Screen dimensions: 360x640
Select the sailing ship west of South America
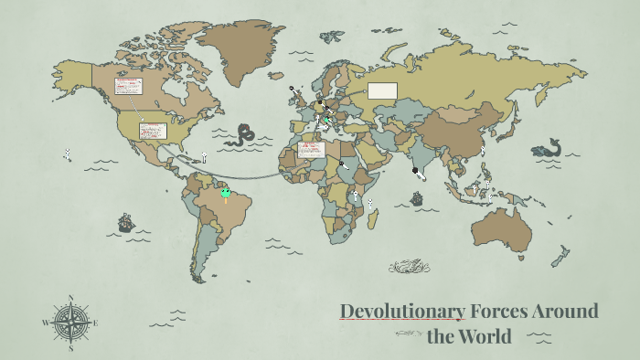click(x=126, y=222)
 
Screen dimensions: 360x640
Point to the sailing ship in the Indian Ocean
click(x=417, y=197)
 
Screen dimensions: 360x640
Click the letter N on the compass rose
click(x=70, y=298)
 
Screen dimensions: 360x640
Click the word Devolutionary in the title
click(x=402, y=311)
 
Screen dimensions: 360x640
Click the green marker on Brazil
click(x=225, y=193)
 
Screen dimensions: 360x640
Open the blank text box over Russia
click(x=383, y=90)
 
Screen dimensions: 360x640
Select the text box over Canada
click(x=128, y=86)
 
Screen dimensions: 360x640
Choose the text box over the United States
click(x=152, y=131)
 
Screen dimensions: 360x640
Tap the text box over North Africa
click(x=311, y=149)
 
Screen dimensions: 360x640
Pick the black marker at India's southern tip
click(x=415, y=170)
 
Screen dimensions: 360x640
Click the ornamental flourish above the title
click(x=409, y=267)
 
